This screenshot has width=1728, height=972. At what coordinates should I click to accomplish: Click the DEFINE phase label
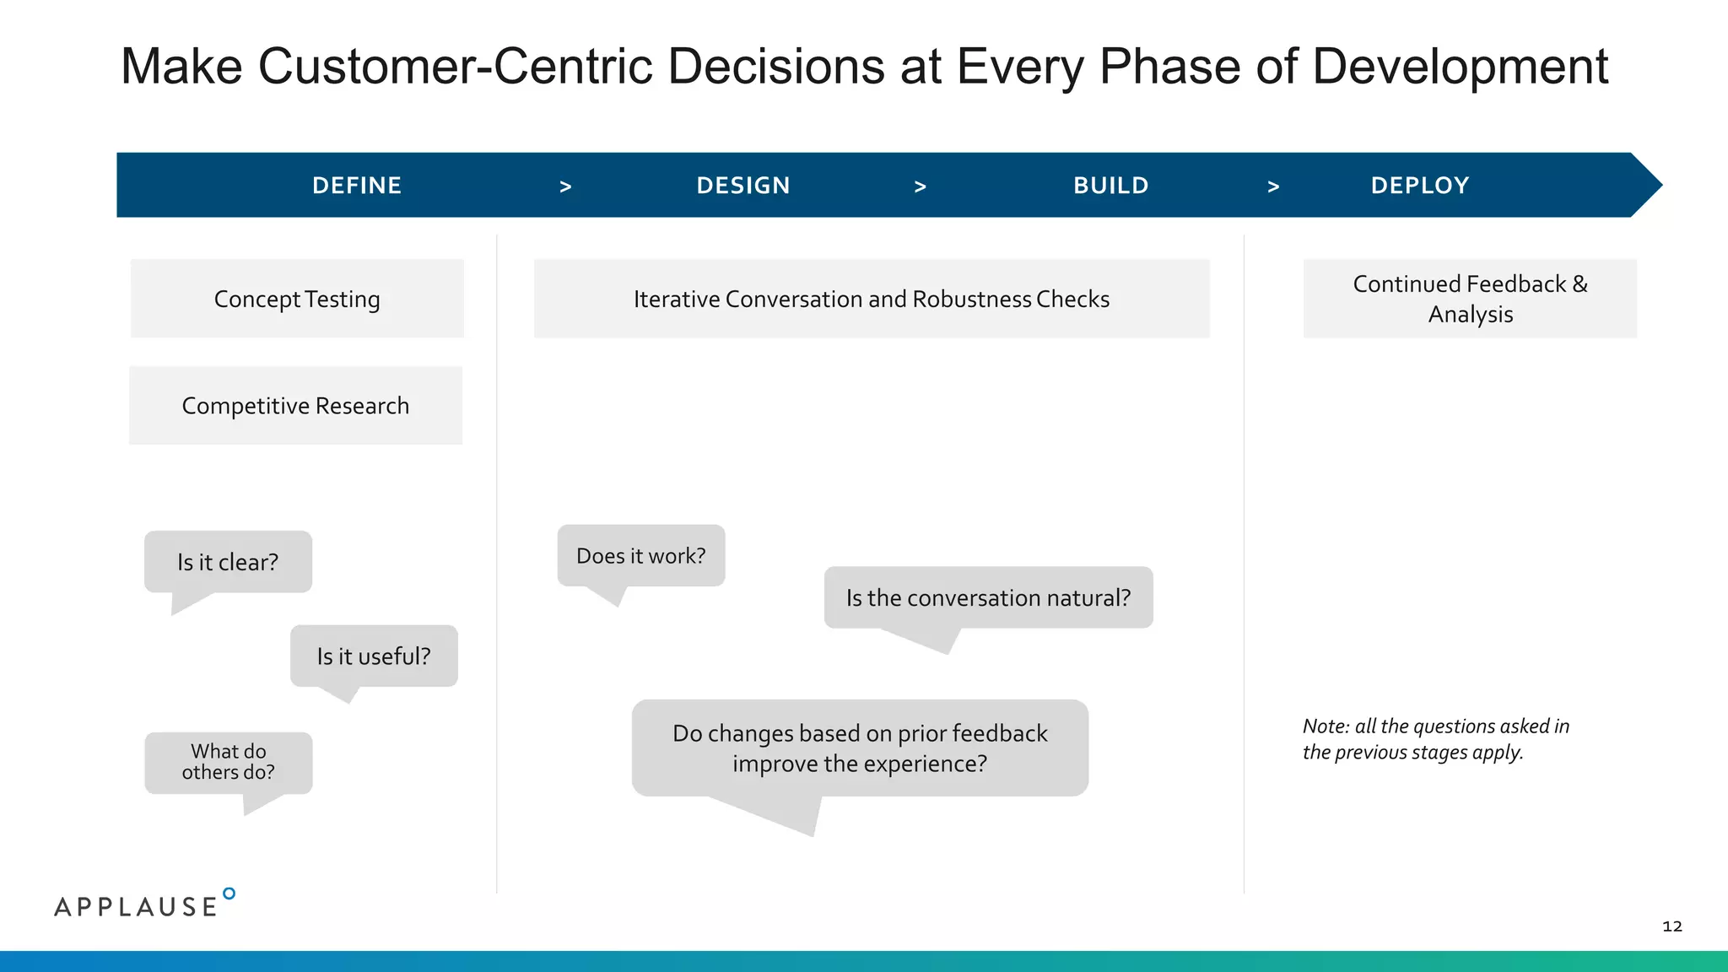tap(356, 186)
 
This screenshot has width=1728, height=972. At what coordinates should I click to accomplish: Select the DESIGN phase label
tap(742, 186)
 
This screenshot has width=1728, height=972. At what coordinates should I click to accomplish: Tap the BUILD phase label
tap(1110, 186)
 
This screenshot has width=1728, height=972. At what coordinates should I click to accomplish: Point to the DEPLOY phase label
tap(1419, 186)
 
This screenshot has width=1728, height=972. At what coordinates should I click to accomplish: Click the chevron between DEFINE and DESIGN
tap(565, 187)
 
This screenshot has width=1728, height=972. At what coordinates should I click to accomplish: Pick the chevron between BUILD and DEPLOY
tap(1273, 187)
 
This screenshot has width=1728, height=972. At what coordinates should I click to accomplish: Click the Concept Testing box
tap(297, 299)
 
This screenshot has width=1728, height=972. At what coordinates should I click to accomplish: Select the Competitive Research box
tap(295, 406)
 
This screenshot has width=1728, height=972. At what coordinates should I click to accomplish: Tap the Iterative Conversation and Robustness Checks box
tap(871, 299)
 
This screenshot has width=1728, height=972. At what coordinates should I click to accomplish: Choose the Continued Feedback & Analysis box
tap(1470, 299)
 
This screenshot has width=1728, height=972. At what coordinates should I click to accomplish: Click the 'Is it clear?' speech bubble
tap(228, 562)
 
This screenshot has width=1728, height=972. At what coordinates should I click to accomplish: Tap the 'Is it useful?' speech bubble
tap(374, 656)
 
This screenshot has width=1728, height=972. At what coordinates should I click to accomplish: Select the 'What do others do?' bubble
tap(228, 762)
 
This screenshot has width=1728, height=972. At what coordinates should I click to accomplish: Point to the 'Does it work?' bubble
tap(641, 556)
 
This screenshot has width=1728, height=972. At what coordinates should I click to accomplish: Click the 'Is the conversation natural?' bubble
tap(988, 598)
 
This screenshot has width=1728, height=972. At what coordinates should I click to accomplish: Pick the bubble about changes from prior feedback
tap(860, 748)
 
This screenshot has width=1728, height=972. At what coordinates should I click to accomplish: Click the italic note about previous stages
tap(1434, 739)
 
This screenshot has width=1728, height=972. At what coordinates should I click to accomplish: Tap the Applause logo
tap(143, 904)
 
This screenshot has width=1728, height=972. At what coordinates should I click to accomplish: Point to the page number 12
tap(1671, 926)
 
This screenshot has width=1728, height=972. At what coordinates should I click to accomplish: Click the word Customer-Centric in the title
tap(456, 66)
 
